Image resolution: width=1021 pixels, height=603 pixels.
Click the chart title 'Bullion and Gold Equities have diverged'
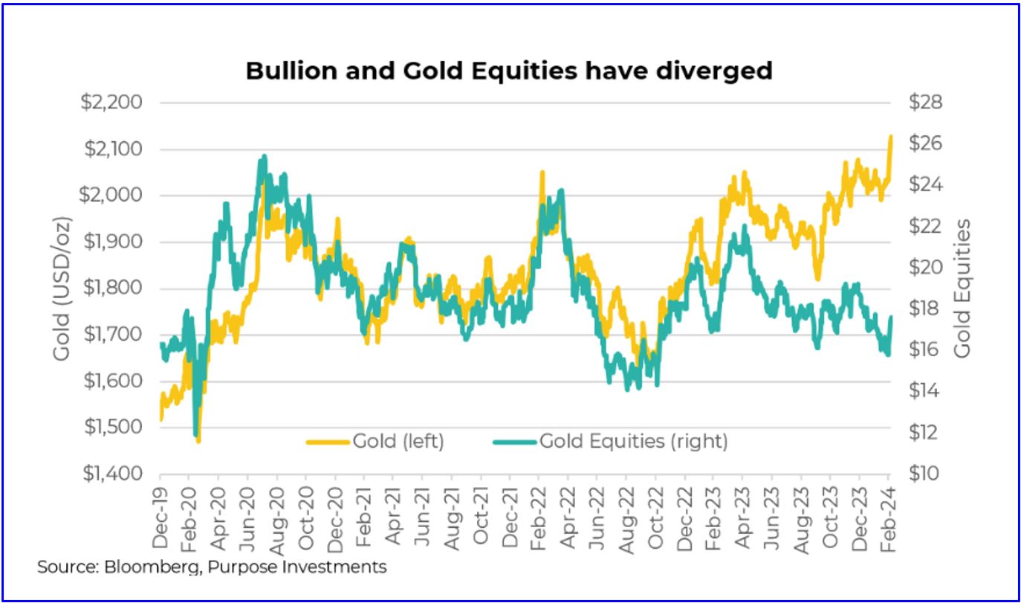pos(509,71)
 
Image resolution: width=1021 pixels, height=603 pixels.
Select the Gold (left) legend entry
pos(375,442)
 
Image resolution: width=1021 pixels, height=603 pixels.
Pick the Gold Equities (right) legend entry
pos(610,442)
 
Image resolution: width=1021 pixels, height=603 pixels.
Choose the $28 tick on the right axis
pos(926,103)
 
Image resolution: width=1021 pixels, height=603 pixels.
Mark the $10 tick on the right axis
pos(926,474)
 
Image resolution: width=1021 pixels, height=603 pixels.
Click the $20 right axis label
pos(926,268)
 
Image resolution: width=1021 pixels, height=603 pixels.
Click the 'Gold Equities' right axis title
pos(963,288)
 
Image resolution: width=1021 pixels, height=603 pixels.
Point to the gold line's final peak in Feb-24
pos(890,136)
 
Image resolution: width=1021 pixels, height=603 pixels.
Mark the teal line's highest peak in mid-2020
pos(263,157)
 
